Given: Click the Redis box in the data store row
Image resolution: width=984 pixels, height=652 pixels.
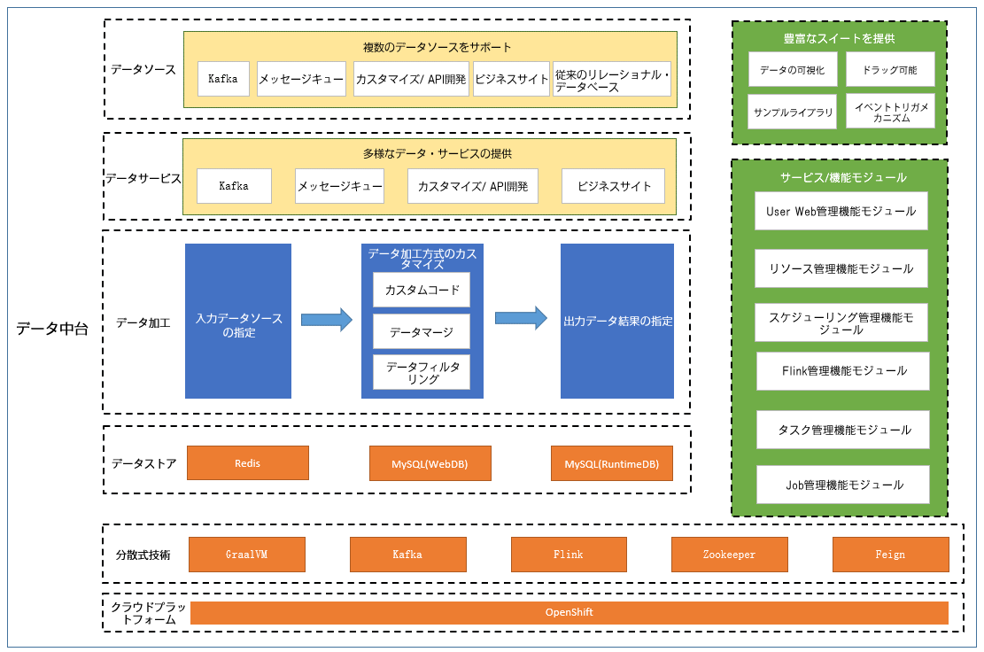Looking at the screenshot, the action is [x=248, y=463].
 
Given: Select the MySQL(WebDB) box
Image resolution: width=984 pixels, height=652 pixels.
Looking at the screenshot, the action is [x=430, y=463].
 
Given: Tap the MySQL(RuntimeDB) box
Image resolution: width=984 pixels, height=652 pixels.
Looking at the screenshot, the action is [x=612, y=463].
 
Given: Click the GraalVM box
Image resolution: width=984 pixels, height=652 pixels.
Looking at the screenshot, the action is [x=246, y=555].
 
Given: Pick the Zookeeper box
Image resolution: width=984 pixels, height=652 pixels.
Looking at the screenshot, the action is [x=729, y=555].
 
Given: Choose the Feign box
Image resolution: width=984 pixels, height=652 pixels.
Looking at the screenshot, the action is [x=890, y=555].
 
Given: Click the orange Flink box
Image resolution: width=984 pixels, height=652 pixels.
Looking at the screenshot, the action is [x=569, y=555].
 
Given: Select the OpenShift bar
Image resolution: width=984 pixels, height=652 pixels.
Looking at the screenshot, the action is [x=569, y=612].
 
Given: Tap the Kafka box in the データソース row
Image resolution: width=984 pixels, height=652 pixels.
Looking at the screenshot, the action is [x=223, y=79].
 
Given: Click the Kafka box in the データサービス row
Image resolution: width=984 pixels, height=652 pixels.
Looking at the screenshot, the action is [x=234, y=186].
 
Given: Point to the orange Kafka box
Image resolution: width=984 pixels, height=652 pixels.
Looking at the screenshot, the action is [x=408, y=555].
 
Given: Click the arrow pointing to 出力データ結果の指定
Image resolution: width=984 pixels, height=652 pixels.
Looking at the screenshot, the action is [x=521, y=318].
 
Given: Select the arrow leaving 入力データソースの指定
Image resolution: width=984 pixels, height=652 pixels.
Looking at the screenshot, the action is [x=326, y=320].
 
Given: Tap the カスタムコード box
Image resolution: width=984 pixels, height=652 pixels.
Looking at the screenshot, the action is [x=422, y=290].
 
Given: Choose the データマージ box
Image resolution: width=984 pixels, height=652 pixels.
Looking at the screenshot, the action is [x=422, y=332].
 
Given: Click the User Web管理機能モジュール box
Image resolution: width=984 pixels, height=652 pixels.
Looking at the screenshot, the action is [x=841, y=212].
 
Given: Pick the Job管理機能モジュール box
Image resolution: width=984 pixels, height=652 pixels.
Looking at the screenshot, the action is [x=843, y=485].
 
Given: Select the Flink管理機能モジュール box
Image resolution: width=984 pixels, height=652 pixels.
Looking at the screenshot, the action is [x=843, y=371].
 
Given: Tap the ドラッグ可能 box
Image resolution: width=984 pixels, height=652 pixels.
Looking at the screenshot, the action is [x=890, y=70].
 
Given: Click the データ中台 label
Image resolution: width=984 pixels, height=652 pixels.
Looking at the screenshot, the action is [x=52, y=328].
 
